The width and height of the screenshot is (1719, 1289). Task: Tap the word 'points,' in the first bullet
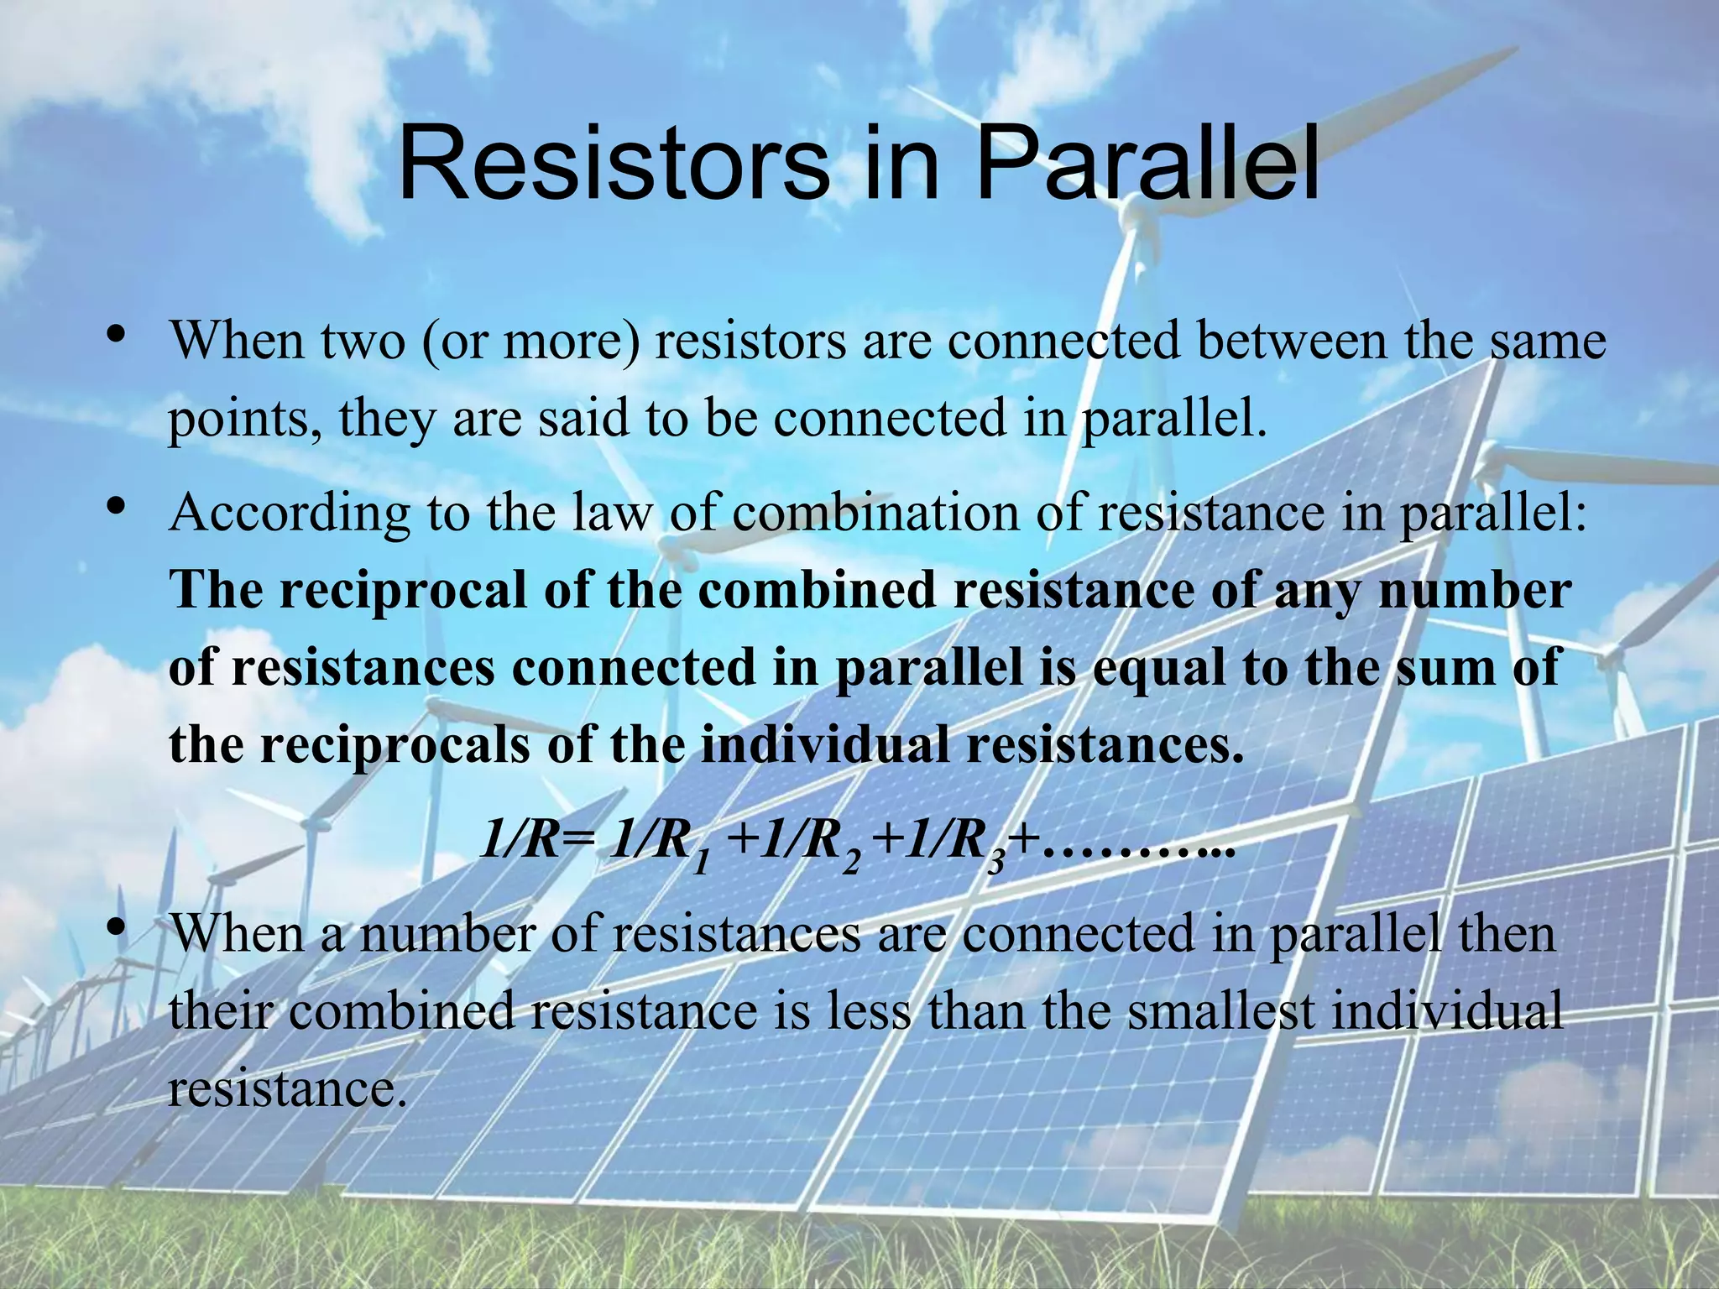coord(244,419)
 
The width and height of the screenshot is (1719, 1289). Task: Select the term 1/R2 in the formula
coord(809,844)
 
